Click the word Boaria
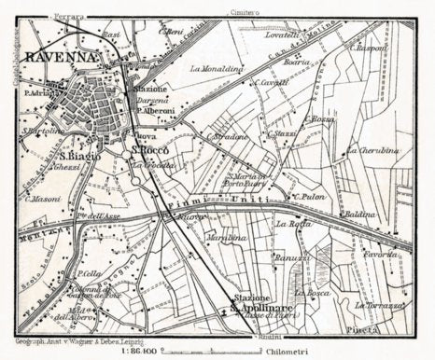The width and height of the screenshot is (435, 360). point(296,61)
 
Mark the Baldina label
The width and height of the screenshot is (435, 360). point(359,214)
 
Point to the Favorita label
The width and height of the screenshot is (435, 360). point(381,253)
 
